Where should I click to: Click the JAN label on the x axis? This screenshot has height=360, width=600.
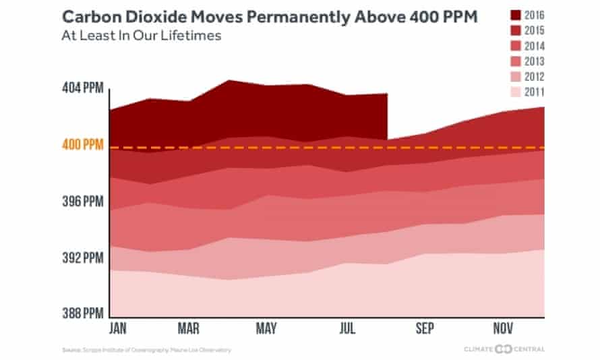(x=119, y=328)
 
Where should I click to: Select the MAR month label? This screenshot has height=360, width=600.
(x=189, y=328)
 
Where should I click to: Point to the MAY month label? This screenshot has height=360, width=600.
(x=267, y=328)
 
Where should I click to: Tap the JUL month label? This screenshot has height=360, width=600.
(x=347, y=328)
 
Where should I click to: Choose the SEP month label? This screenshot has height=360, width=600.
(x=425, y=328)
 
